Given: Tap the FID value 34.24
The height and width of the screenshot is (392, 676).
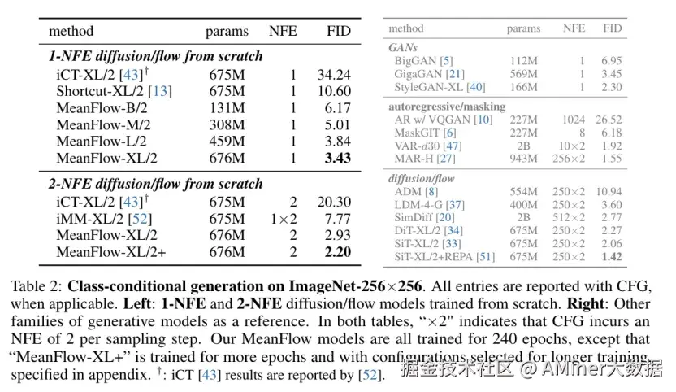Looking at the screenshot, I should pyautogui.click(x=333, y=74).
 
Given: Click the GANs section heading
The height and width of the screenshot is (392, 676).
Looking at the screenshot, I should pyautogui.click(x=404, y=48).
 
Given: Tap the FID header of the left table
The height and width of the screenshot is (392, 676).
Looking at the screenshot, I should pyautogui.click(x=337, y=32).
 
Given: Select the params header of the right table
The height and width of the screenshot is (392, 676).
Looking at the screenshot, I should pyautogui.click(x=523, y=28).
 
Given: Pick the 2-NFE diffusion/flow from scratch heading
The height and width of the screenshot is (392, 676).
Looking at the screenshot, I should pyautogui.click(x=154, y=185).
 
